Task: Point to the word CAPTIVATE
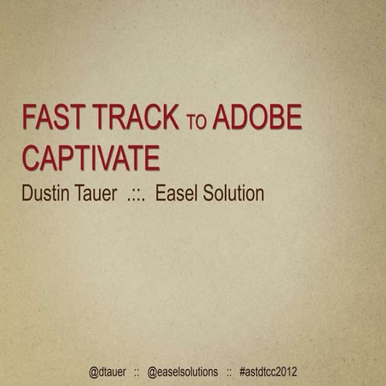click(x=90, y=158)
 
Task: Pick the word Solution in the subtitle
click(x=236, y=194)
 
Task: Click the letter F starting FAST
click(x=28, y=118)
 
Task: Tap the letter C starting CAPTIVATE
click(x=31, y=158)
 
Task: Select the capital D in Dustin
click(x=27, y=194)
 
